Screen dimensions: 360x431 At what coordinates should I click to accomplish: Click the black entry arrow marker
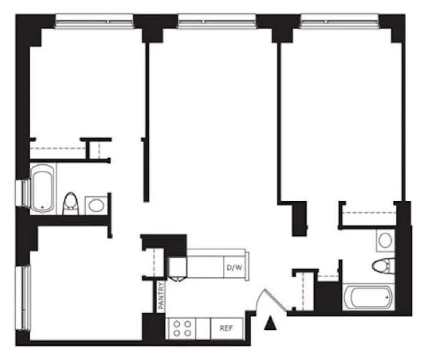point(270,321)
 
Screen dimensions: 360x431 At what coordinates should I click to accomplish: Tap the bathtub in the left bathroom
point(43,188)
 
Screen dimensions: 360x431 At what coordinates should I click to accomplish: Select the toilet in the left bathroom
point(71,204)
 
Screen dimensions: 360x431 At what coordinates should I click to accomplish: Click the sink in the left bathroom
point(96,205)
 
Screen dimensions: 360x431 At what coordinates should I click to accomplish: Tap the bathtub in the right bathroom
point(368,297)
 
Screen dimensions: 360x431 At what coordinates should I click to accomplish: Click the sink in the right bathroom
point(384,240)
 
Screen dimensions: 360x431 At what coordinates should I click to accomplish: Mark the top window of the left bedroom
point(94,21)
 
